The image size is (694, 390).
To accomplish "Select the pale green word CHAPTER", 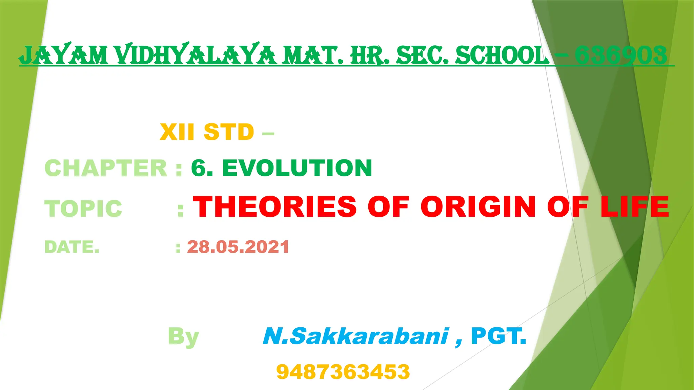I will click(x=106, y=168).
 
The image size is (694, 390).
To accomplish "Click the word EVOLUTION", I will click(x=297, y=168).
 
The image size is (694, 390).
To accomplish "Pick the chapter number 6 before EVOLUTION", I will click(x=199, y=168).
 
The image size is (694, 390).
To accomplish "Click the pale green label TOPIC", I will click(x=83, y=208).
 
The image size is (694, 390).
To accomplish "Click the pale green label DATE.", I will click(x=72, y=247).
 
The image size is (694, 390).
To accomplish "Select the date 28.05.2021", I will click(x=238, y=247).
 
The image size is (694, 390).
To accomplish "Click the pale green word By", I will click(x=183, y=337).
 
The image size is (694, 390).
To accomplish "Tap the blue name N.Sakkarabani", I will click(x=356, y=336).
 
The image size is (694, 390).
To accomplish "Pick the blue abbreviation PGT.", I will click(x=499, y=336).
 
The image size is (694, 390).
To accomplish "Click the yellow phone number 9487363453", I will click(x=343, y=372).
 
